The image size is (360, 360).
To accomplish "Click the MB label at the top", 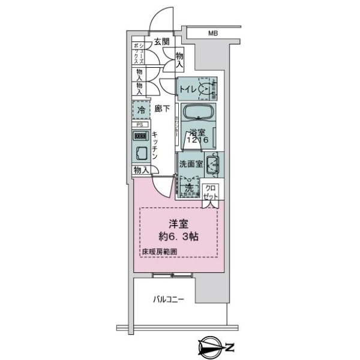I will tap(213, 34).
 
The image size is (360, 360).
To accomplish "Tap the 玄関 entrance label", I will tap(161, 41).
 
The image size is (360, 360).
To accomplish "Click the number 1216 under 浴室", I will tap(197, 140).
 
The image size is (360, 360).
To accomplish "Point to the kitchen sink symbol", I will tap(142, 153).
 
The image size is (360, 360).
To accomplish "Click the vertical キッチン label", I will tap(155, 146).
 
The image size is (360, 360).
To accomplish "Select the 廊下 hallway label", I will tap(161, 109).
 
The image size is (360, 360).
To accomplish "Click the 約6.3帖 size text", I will tap(178, 236).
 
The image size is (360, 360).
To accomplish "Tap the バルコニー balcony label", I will tap(169, 299).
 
